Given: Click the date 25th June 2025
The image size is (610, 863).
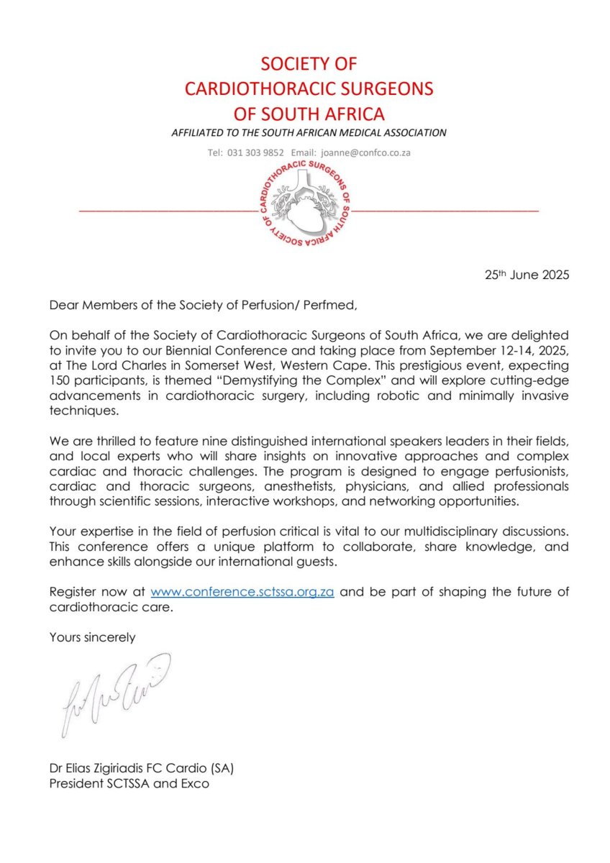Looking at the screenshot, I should click(x=527, y=275).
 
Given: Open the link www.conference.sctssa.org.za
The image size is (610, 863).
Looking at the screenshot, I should click(x=242, y=592).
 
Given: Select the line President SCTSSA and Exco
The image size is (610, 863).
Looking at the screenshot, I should click(x=129, y=784).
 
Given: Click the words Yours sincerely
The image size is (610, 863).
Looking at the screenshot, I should click(x=92, y=636).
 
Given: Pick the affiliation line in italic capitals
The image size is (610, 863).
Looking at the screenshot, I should click(x=309, y=133).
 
